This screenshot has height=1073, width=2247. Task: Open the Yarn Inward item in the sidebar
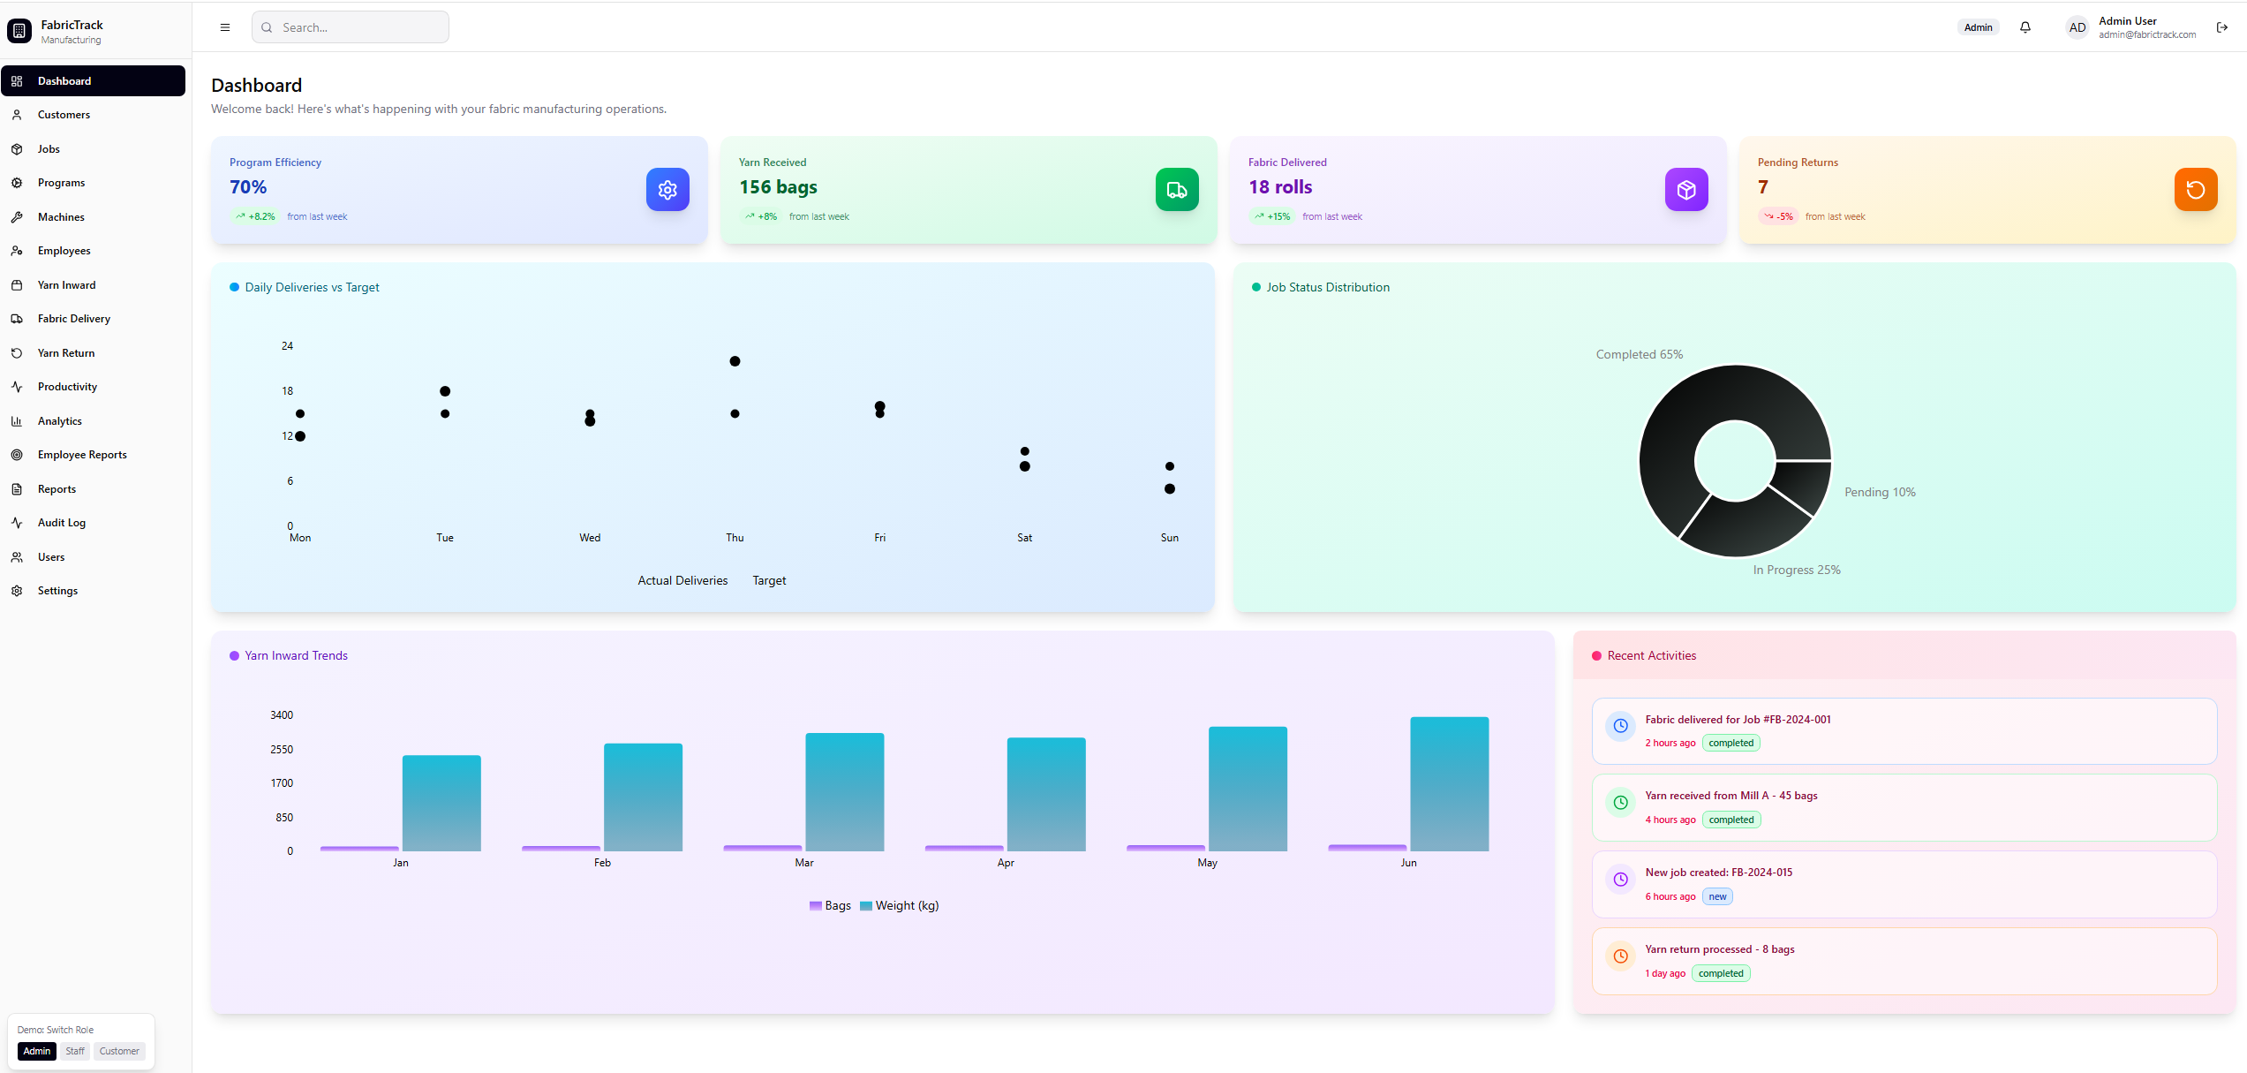click(x=66, y=285)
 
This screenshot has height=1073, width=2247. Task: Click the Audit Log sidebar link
click(x=61, y=523)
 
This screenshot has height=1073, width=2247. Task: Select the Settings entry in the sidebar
click(x=57, y=591)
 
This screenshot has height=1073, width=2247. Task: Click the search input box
click(x=351, y=27)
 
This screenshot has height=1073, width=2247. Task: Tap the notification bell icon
click(x=2025, y=27)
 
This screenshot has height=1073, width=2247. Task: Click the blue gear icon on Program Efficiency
click(x=667, y=189)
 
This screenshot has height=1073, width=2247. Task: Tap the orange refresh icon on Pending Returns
click(x=2196, y=189)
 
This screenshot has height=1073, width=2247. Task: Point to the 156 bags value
click(x=778, y=187)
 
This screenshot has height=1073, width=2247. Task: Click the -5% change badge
click(x=1779, y=216)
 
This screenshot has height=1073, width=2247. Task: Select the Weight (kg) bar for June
click(x=1449, y=784)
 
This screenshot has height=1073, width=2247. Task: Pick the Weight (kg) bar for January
click(x=441, y=803)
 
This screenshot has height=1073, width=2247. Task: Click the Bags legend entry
click(x=830, y=905)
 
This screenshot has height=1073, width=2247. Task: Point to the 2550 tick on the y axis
click(x=282, y=750)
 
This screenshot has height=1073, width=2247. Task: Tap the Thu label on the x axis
click(x=735, y=538)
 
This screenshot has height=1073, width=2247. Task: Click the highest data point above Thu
click(x=735, y=361)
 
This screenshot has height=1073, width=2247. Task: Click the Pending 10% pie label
click(x=1880, y=492)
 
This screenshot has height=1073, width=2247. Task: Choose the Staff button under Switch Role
click(x=75, y=1051)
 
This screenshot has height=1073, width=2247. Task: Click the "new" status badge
click(x=1717, y=896)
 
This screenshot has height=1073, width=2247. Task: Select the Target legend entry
click(x=769, y=580)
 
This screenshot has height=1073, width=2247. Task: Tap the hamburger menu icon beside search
click(x=225, y=27)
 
